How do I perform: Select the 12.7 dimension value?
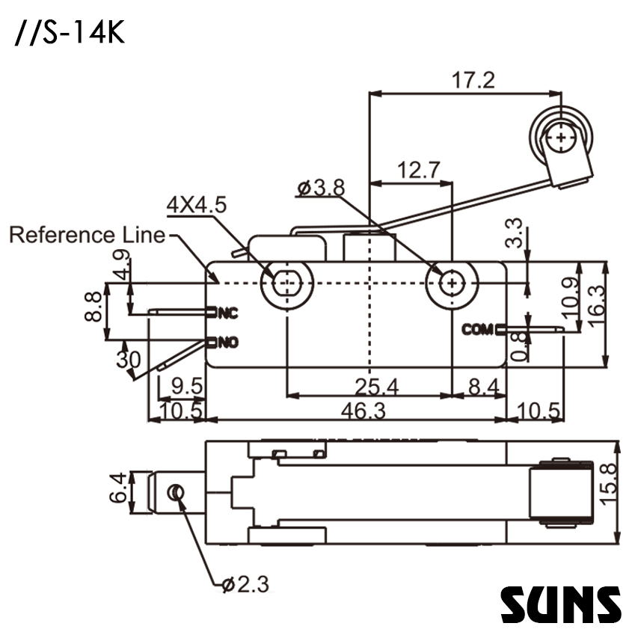tap(418, 170)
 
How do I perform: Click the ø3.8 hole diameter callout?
tap(320, 188)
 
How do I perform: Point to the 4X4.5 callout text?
tap(196, 205)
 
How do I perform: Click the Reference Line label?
tap(87, 235)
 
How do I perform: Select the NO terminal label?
tap(227, 343)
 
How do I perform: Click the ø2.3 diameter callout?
tap(246, 583)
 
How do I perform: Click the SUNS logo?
tap(560, 604)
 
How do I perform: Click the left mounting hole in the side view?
tap(286, 283)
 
